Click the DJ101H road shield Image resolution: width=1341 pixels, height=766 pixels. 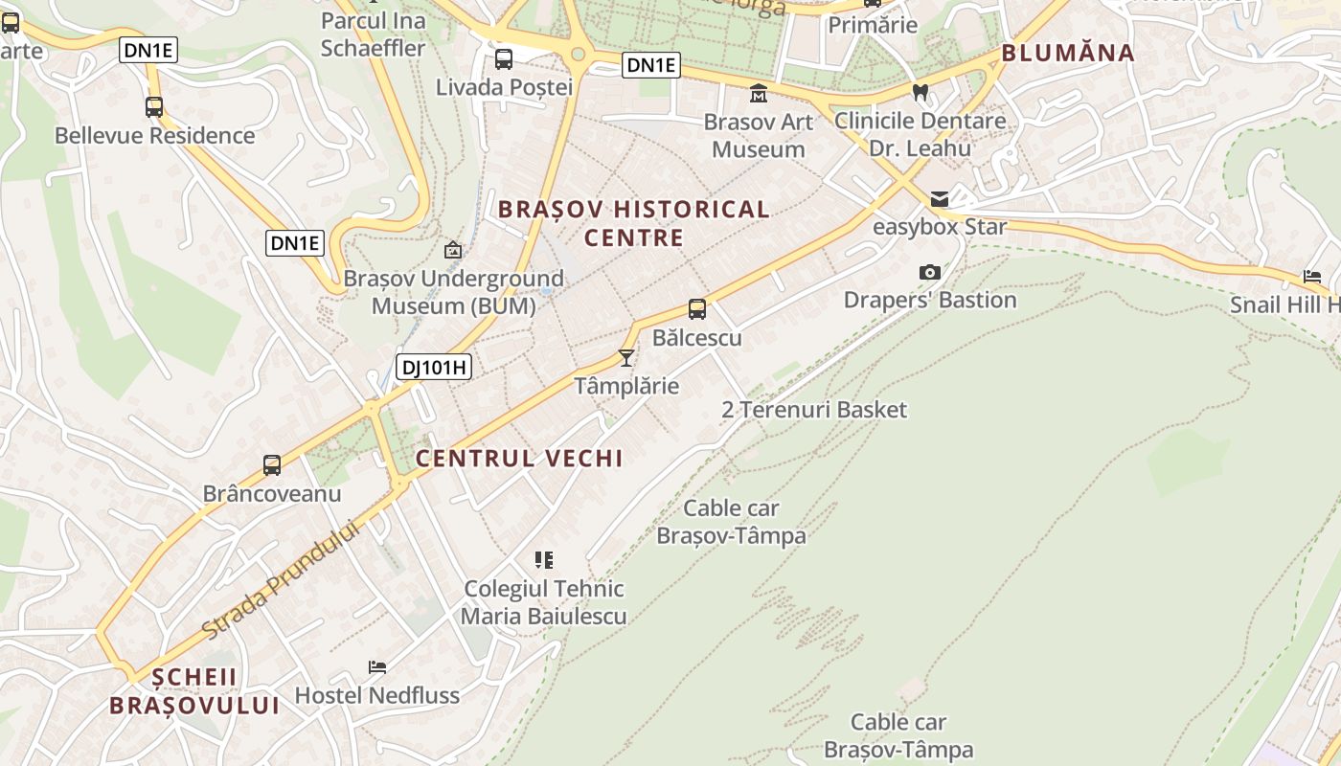coord(434,366)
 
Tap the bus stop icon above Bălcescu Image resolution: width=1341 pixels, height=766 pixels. coord(697,309)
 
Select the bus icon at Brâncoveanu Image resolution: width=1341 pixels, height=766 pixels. coord(272,465)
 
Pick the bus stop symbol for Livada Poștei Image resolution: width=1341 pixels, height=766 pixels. coord(504,59)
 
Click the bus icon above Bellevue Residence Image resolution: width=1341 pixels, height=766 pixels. coord(154,107)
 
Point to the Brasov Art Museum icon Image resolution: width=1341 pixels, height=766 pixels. coord(759,94)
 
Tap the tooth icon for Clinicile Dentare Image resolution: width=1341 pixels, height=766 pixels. coord(921,93)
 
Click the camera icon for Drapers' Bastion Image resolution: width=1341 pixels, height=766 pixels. coord(929,273)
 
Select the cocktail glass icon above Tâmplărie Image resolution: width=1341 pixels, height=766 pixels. coord(626,358)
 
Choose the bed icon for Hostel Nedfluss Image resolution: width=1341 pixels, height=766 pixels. coord(377,666)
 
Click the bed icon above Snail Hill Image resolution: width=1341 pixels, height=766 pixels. coord(1312,277)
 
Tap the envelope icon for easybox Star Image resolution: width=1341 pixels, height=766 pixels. coord(940,199)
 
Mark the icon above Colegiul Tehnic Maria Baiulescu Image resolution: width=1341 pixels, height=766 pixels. coord(544,560)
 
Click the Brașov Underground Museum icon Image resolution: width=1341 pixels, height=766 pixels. coord(453,251)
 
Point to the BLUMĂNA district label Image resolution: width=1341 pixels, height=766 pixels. coord(1068,53)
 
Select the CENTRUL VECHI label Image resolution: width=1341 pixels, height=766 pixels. coord(519,459)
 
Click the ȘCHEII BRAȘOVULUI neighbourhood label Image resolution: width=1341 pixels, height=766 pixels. coord(194,691)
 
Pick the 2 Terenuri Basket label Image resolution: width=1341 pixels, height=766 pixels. coord(814,410)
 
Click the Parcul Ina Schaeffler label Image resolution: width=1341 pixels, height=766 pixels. coord(373,34)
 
